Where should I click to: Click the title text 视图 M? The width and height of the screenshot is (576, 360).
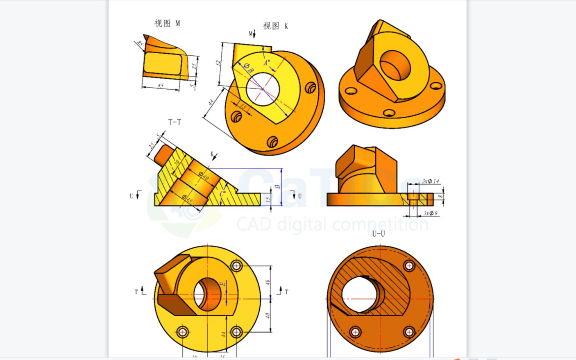pos(167,23)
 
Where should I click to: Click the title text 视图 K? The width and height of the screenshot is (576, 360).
pos(275,26)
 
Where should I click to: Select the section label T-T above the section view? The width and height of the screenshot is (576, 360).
pos(175,122)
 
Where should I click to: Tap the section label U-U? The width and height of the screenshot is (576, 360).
pos(378,234)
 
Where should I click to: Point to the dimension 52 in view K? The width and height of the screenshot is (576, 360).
pos(219,63)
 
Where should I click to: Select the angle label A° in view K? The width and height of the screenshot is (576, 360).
pos(267,63)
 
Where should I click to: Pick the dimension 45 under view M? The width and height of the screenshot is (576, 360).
pos(161,86)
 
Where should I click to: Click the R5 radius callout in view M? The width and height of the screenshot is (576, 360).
pos(140,43)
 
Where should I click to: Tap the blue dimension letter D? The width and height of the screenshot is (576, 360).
pos(277,187)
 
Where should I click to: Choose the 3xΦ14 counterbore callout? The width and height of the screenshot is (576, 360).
pos(431,181)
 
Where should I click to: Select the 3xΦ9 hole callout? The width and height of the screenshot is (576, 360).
pos(430,213)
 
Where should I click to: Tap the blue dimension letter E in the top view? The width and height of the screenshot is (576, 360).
pos(222,284)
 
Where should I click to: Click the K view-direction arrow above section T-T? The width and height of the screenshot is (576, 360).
pos(214,156)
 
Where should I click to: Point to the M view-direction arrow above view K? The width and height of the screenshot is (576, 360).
pos(252,34)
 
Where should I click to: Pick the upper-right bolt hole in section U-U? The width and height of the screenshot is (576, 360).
pos(409,266)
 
